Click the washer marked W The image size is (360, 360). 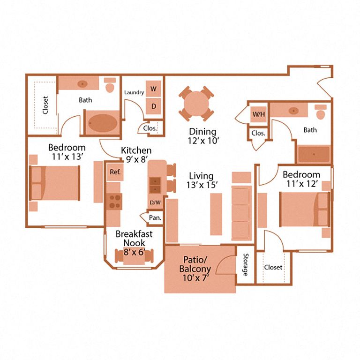(x=153, y=89)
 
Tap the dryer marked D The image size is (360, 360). (x=153, y=105)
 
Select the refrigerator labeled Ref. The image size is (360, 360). (x=115, y=172)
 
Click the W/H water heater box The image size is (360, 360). (x=258, y=114)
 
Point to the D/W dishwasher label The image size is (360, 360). (x=155, y=202)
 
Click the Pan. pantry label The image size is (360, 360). (x=153, y=217)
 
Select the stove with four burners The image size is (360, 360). (x=114, y=201)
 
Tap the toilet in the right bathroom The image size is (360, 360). (x=322, y=113)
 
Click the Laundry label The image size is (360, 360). (x=134, y=92)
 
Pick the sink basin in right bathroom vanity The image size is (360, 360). (x=293, y=111)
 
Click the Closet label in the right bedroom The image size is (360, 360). (x=273, y=267)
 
